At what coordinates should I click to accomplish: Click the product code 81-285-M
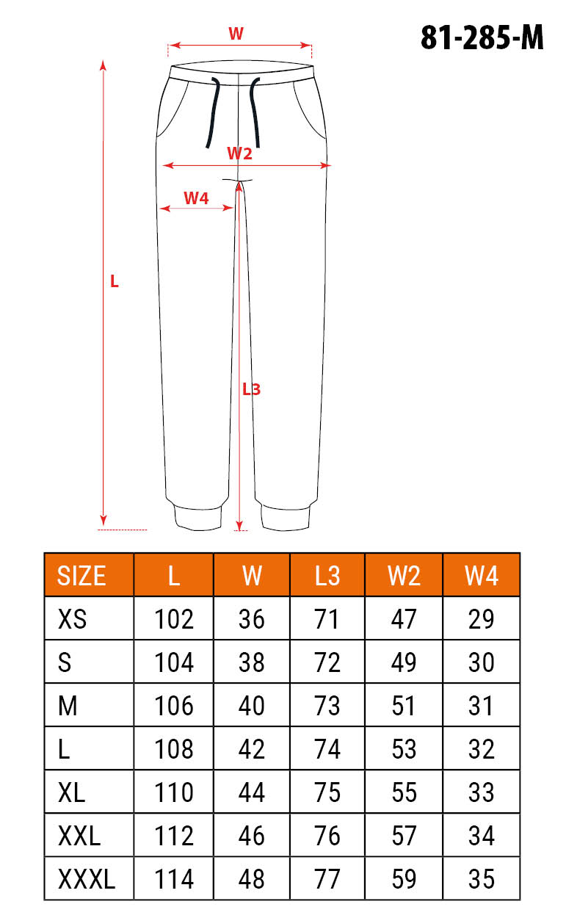pyautogui.click(x=482, y=37)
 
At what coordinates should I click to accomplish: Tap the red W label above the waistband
pyautogui.click(x=236, y=34)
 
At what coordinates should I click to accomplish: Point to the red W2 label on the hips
pyautogui.click(x=239, y=153)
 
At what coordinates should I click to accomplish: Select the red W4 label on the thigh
pyautogui.click(x=197, y=198)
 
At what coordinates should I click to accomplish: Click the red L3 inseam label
pyautogui.click(x=251, y=389)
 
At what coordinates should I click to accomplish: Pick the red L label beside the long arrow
pyautogui.click(x=115, y=281)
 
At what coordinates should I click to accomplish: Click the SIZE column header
pyautogui.click(x=81, y=576)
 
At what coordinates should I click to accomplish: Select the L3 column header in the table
pyautogui.click(x=327, y=576)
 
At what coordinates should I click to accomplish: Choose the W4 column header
pyautogui.click(x=482, y=576)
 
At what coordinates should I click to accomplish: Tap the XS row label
pyautogui.click(x=73, y=619)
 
